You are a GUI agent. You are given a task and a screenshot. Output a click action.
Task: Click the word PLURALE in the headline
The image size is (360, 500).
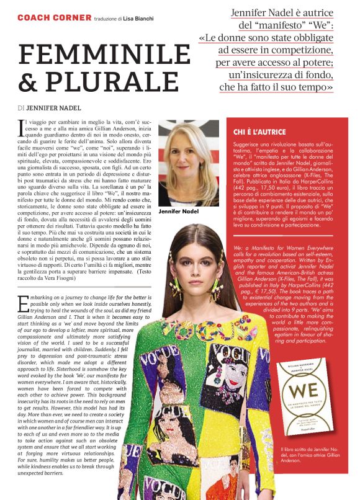(108, 83)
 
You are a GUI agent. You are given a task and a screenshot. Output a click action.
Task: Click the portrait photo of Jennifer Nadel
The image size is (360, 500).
(189, 163)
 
